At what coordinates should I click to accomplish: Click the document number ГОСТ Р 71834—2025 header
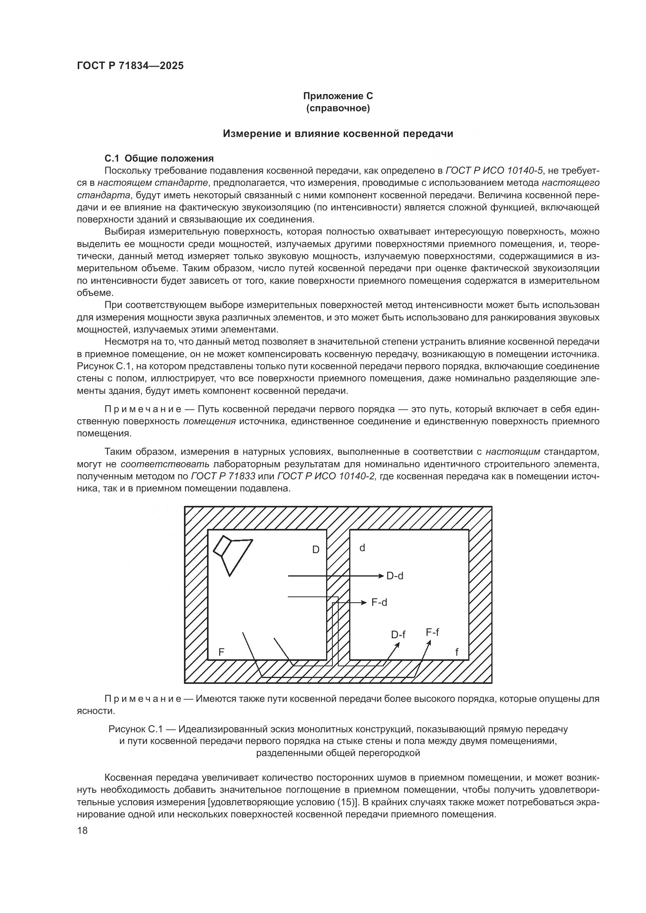130,66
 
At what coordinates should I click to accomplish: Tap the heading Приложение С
338,96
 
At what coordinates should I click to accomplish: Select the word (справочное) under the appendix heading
338,109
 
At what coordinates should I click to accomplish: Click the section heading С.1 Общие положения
159,158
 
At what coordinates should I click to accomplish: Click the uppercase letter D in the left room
316,550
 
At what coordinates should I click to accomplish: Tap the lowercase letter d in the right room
362,548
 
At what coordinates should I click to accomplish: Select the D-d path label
394,576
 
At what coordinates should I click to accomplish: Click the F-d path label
379,602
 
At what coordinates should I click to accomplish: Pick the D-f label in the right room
398,635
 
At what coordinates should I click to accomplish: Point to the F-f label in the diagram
432,632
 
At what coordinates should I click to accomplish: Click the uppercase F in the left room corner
221,652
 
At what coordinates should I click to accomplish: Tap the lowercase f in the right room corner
457,652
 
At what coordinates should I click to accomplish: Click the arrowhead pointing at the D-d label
380,576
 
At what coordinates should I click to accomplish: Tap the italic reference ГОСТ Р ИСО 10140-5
494,171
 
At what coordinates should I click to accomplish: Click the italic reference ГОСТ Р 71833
223,476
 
